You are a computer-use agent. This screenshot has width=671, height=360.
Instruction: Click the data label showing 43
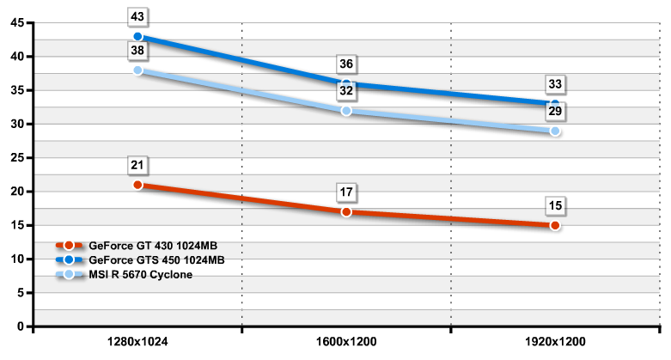(x=137, y=16)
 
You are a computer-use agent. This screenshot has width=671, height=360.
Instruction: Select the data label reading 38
(x=137, y=51)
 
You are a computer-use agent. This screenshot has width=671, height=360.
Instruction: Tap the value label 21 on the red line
(x=137, y=165)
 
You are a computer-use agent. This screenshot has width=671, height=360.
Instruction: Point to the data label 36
(x=346, y=64)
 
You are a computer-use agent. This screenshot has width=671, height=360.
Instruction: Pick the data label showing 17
(x=346, y=192)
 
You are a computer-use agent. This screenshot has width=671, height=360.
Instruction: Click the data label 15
(x=555, y=205)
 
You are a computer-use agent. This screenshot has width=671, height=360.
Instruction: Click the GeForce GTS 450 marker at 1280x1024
(x=137, y=37)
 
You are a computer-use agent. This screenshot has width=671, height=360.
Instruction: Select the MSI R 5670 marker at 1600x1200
(x=346, y=111)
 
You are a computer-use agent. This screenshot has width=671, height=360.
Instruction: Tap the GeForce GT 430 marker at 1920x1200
(x=555, y=225)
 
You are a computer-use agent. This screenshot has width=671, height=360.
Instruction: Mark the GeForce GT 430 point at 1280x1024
(x=137, y=185)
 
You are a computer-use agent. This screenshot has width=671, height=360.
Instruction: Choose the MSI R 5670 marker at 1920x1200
(x=555, y=131)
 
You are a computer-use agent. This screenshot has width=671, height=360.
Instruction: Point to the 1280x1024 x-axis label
(x=137, y=342)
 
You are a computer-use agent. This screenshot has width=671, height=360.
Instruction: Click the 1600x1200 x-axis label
(x=346, y=342)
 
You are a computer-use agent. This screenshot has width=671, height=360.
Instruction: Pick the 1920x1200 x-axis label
(x=555, y=342)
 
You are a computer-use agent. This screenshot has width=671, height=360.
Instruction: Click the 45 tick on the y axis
(x=17, y=23)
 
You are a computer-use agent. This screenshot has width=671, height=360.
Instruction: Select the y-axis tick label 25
(x=17, y=158)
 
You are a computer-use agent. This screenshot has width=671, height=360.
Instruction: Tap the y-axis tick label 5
(x=21, y=293)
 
